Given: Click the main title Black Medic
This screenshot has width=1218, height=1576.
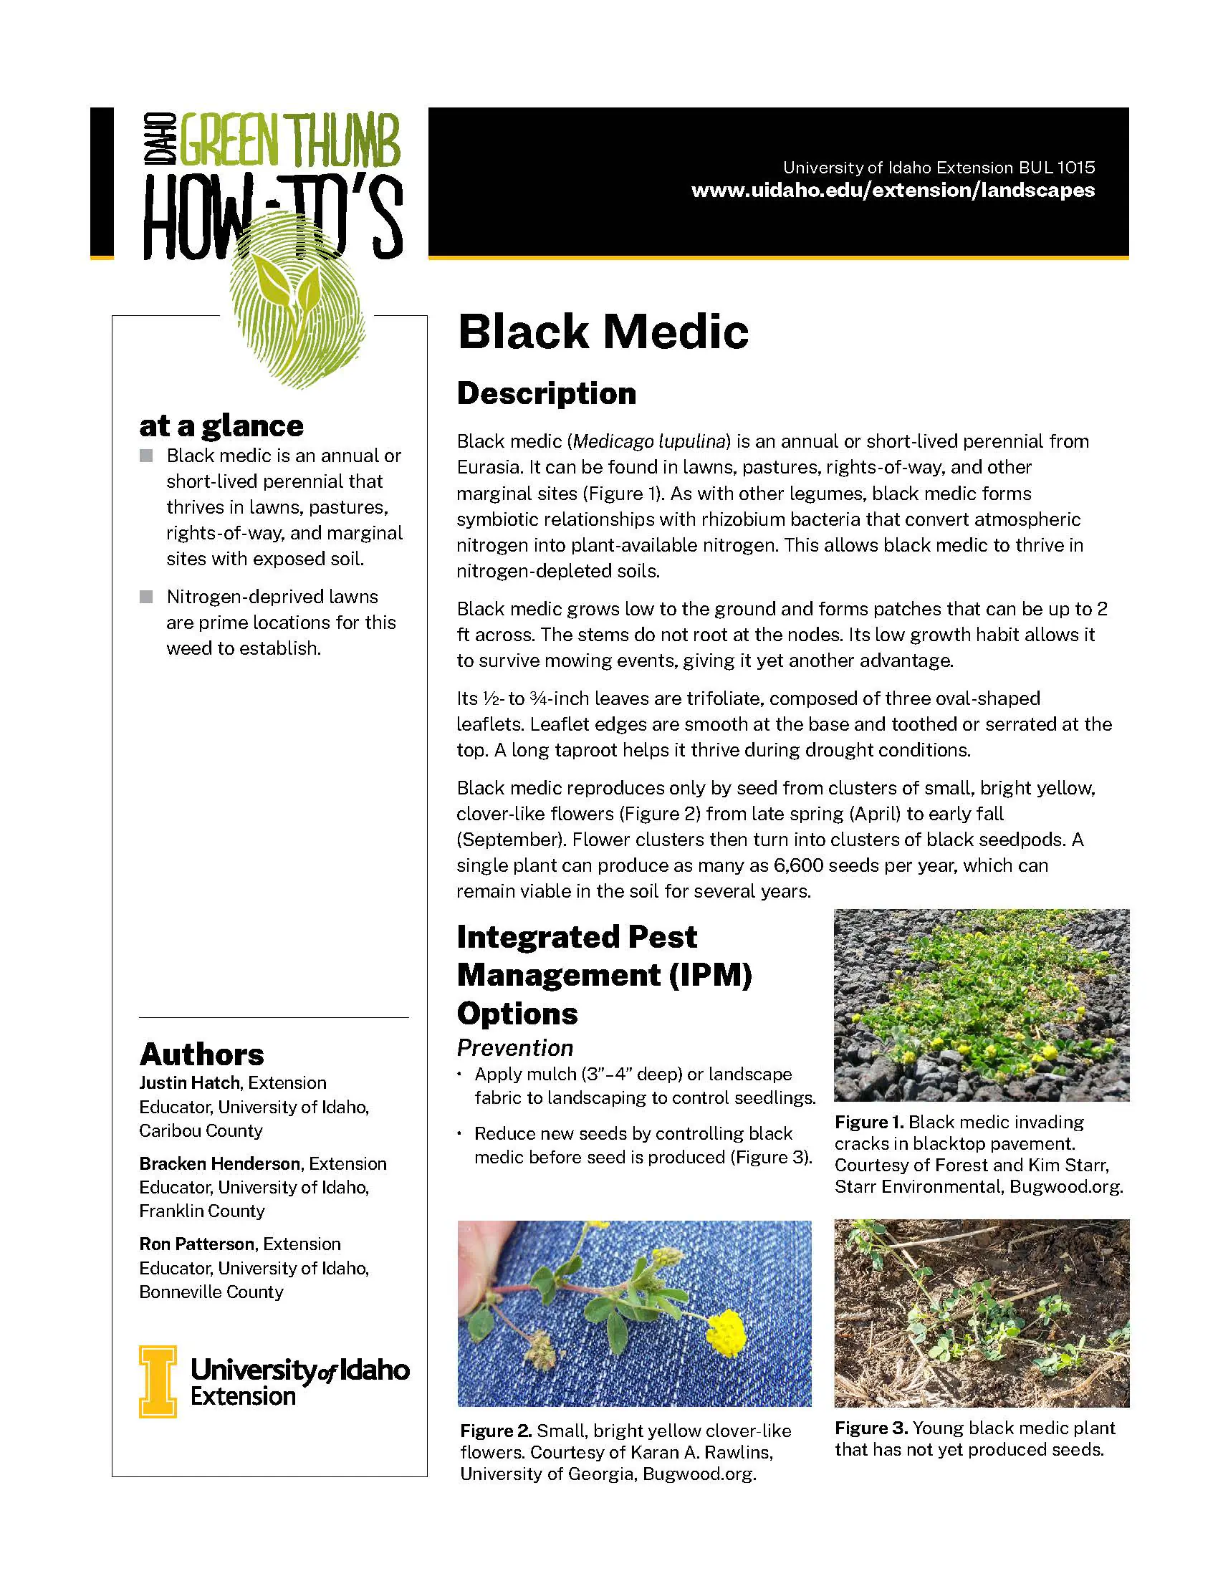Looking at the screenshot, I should pos(603,332).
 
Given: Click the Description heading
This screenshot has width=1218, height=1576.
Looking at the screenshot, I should pos(546,394).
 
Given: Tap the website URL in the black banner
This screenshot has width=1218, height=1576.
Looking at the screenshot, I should pos(893,191).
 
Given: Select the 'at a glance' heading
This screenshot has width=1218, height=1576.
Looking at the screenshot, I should pos(221,426).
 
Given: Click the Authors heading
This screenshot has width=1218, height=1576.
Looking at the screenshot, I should pos(201,1054).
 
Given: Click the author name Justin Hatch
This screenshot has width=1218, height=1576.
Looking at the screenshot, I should pos(189,1083).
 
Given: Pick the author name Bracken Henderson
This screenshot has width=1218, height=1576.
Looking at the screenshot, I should pos(219,1164).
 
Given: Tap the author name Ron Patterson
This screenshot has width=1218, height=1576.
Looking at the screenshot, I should pos(196,1244).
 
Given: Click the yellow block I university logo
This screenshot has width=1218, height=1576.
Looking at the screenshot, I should pos(158,1381).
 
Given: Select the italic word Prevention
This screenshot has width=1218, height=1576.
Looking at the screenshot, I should pos(514,1048).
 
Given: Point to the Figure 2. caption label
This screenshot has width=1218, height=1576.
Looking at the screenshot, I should pos(496,1431).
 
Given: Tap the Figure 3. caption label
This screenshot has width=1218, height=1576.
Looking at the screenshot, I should pos(871,1428).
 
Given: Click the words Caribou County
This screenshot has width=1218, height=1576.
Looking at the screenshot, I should pos(201,1130).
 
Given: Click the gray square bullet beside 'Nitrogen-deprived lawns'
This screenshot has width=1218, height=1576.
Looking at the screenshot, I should pos(146,597).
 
